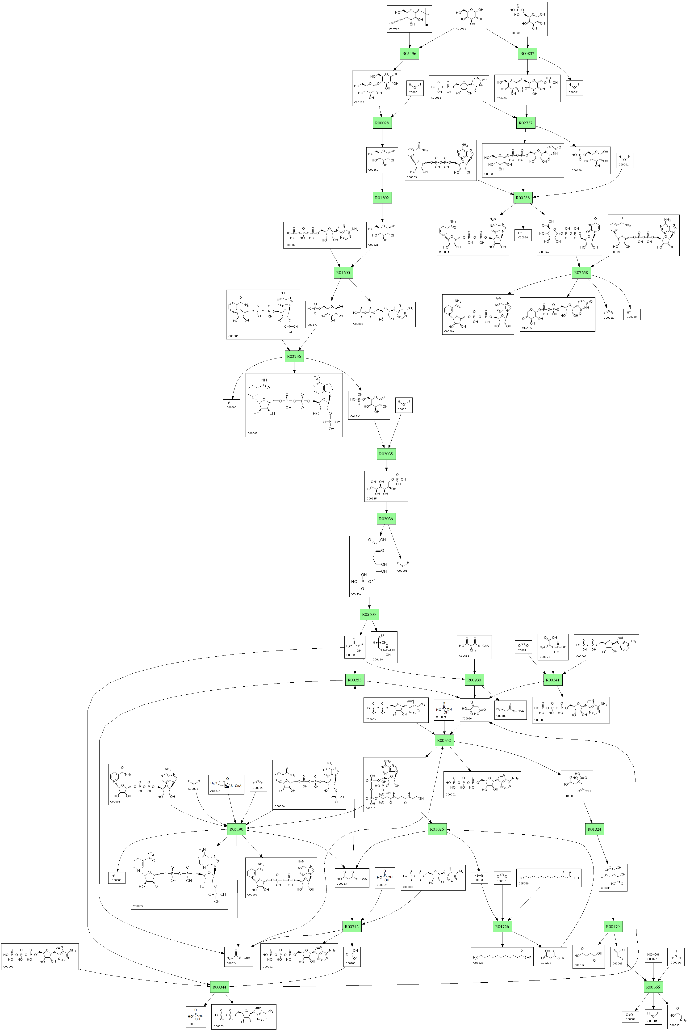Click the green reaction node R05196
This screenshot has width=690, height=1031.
point(409,54)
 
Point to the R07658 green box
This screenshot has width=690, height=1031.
point(581,273)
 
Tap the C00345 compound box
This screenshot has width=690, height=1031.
point(386,486)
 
